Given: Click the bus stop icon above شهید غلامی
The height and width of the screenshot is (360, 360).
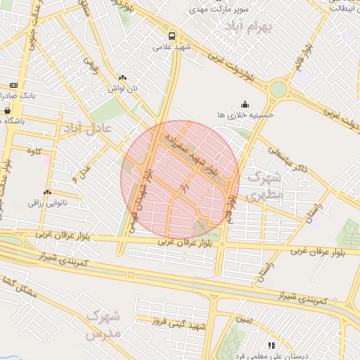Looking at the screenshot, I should (172, 36).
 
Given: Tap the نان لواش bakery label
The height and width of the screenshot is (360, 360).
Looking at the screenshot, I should (122, 89).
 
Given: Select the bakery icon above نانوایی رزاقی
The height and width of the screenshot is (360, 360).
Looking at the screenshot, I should (47, 192).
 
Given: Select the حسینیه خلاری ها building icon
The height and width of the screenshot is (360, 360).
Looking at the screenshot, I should (245, 103).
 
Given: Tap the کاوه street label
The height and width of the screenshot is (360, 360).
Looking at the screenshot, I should (34, 151).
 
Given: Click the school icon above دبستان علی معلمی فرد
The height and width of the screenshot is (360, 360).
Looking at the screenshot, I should (271, 345).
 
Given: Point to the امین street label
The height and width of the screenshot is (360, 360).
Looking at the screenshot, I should (244, 318).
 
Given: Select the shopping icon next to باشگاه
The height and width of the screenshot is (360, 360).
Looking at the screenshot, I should (7, 110).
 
